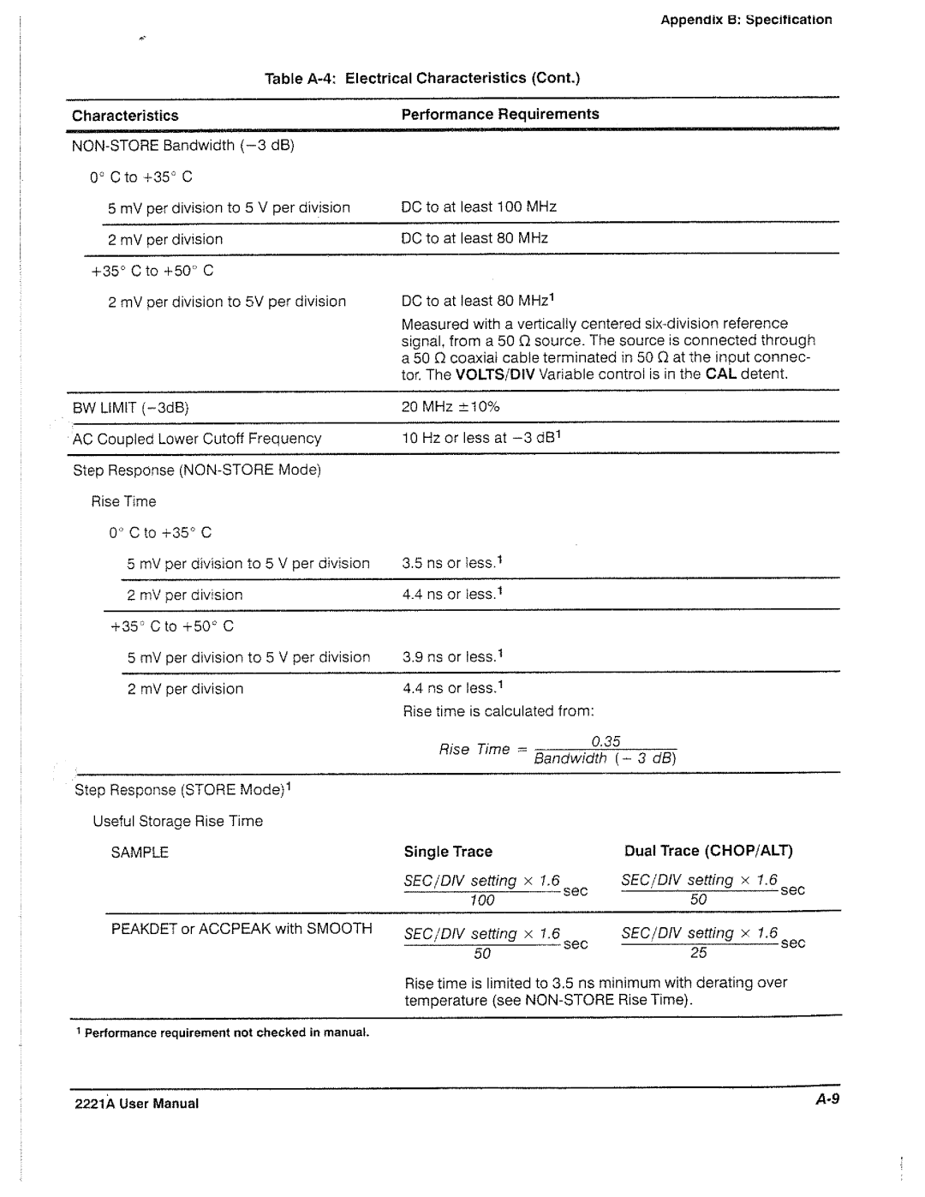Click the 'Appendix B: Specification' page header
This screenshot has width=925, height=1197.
tap(746, 20)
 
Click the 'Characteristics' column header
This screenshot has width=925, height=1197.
tap(125, 116)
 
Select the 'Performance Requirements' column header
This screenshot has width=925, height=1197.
tap(500, 114)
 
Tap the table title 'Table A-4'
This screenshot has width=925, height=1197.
tap(423, 78)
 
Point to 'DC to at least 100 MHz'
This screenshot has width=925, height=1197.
tap(479, 206)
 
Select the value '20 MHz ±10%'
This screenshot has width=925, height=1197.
tap(451, 406)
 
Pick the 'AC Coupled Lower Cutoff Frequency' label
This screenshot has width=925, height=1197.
tap(197, 439)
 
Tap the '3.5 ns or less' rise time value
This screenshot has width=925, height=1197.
tap(451, 563)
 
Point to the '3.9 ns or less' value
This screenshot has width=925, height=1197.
tap(451, 657)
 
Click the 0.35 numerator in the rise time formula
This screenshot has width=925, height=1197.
tap(606, 741)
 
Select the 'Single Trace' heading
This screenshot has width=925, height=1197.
tap(448, 852)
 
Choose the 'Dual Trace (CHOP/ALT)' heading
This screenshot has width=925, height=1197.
tap(708, 851)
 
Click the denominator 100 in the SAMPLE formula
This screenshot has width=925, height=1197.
tap(482, 900)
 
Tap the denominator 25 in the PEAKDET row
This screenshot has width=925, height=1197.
tap(699, 952)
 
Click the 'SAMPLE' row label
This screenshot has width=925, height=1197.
tap(140, 853)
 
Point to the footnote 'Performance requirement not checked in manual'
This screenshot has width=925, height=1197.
tap(224, 1032)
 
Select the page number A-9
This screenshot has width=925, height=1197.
tap(826, 1100)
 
